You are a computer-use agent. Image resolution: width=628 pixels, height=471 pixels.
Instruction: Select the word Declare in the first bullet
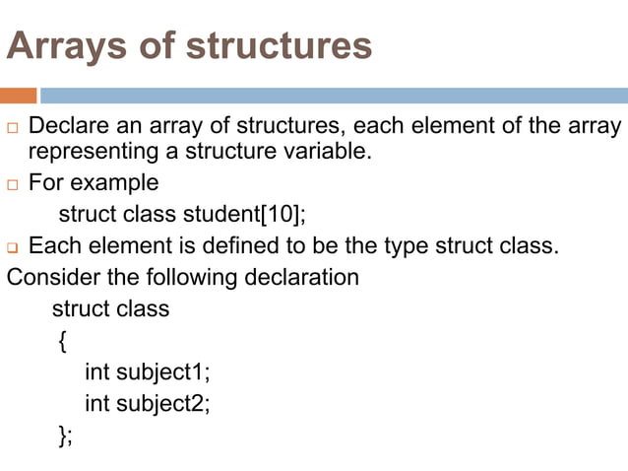tap(72, 127)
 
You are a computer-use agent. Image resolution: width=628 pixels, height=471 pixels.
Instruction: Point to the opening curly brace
tap(62, 341)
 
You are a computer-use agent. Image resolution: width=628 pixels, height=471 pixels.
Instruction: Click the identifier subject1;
tap(163, 371)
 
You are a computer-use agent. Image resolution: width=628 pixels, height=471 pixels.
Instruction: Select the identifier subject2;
tap(163, 403)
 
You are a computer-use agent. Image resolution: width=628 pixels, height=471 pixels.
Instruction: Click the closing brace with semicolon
tap(65, 436)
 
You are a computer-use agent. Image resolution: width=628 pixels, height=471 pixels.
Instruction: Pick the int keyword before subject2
tap(96, 403)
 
